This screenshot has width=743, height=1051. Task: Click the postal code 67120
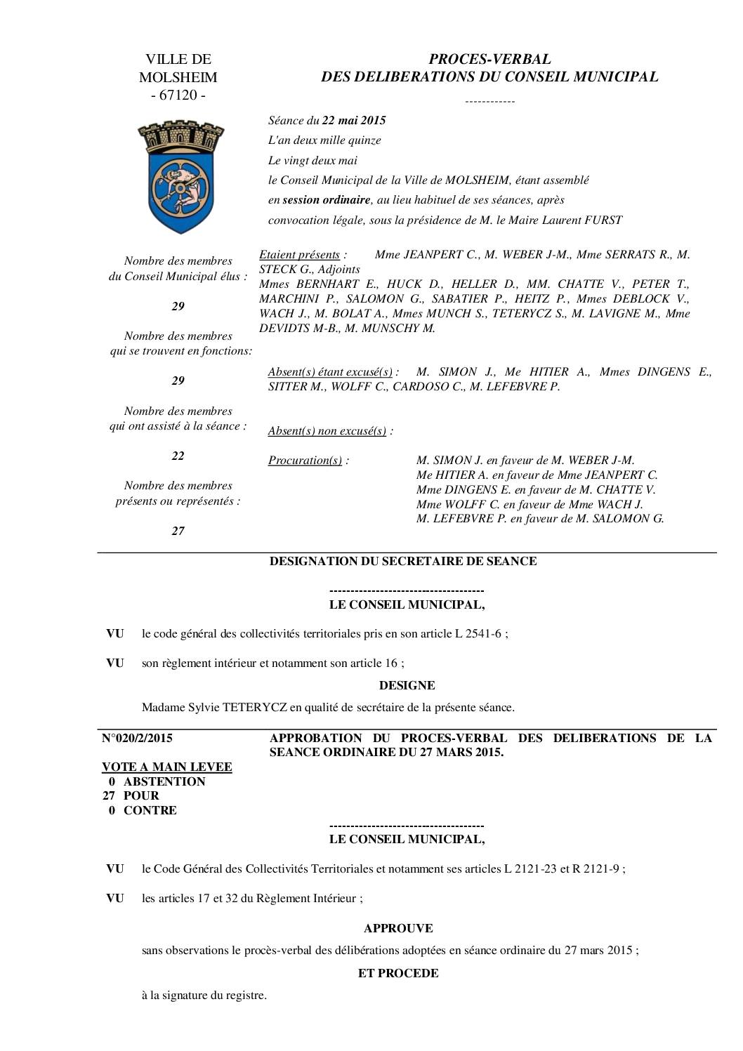click(x=178, y=95)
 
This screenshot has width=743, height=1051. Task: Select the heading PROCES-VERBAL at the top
click(x=489, y=59)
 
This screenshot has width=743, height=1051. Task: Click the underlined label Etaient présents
click(x=299, y=255)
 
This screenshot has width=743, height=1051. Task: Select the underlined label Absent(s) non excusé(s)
click(x=327, y=430)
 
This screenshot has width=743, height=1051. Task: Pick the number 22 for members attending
click(x=178, y=456)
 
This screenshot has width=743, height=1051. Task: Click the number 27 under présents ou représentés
click(x=178, y=531)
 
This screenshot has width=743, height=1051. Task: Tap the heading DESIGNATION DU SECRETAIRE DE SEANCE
click(x=403, y=561)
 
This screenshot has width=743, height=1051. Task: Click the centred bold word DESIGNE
click(x=407, y=685)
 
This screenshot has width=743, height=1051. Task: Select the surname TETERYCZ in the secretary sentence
click(x=255, y=707)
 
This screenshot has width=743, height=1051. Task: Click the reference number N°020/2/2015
click(x=138, y=738)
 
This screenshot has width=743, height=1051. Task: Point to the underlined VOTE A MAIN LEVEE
click(x=167, y=767)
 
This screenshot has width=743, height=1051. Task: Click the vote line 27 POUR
click(x=131, y=795)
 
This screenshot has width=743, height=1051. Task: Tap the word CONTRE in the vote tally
click(x=150, y=810)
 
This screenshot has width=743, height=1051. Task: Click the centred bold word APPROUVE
click(x=397, y=928)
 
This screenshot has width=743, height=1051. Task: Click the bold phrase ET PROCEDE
click(x=398, y=973)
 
